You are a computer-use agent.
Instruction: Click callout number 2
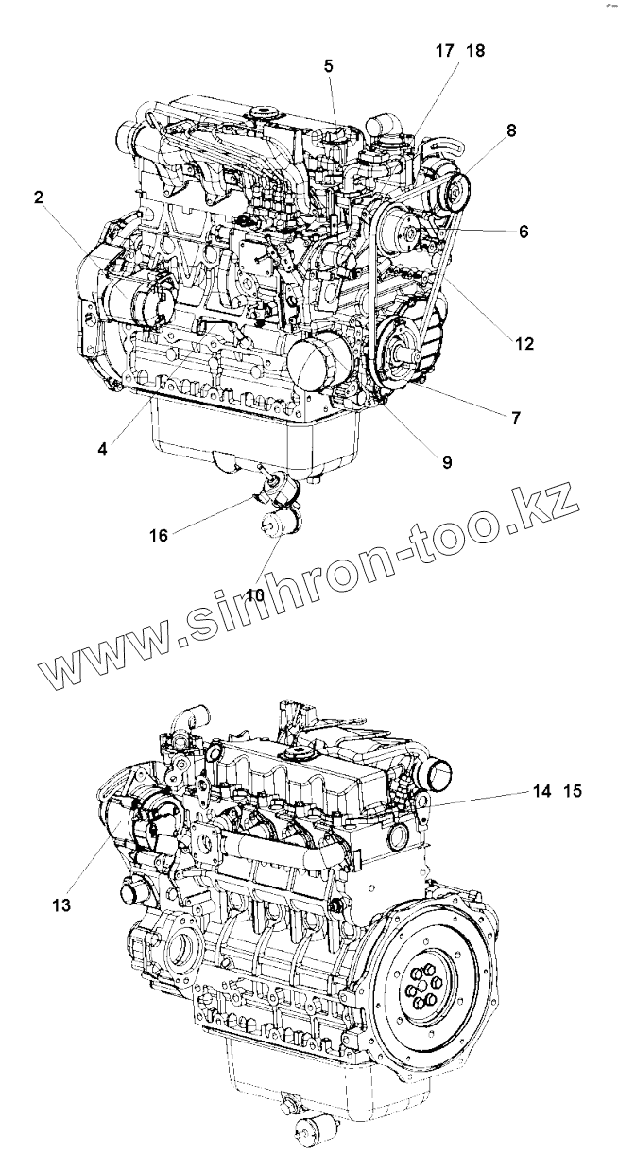click(39, 198)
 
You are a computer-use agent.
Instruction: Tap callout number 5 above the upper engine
click(328, 65)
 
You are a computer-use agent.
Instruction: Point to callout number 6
click(523, 230)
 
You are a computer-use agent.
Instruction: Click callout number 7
click(515, 417)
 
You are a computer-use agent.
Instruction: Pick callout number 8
click(511, 131)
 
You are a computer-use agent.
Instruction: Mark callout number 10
click(254, 594)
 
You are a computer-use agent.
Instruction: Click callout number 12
click(524, 345)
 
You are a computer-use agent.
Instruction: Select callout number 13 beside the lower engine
click(61, 905)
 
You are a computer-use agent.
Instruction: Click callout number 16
click(158, 535)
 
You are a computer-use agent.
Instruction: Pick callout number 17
click(443, 51)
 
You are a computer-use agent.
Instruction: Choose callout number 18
click(475, 51)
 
